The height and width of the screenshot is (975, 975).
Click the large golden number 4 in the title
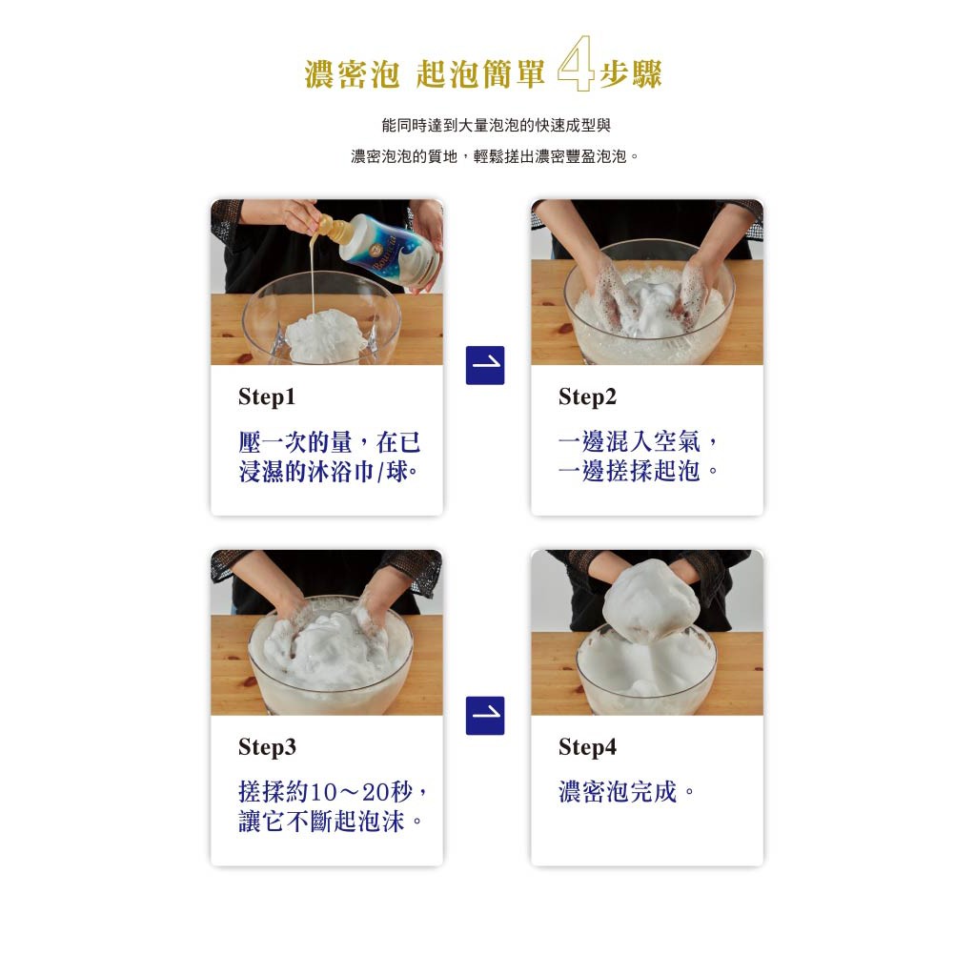[x=575, y=63]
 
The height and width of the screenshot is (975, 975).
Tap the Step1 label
[x=267, y=397]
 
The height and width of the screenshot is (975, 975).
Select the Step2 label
[x=588, y=397]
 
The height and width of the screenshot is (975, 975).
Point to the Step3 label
[x=268, y=747]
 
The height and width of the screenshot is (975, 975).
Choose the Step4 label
[x=588, y=747]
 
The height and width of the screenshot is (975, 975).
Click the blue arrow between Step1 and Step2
[x=485, y=365]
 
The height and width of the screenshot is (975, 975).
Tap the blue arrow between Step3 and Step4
[x=485, y=715]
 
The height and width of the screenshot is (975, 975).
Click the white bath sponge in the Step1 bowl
[x=322, y=335]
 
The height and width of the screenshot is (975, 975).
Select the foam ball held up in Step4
[x=651, y=600]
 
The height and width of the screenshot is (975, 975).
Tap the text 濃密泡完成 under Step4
[x=618, y=792]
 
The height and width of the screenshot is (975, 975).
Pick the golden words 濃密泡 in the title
[x=352, y=74]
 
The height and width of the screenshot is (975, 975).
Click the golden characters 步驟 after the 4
[x=631, y=74]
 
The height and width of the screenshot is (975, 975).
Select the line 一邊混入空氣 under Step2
[x=629, y=441]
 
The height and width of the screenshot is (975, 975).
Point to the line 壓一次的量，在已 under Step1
[x=330, y=442]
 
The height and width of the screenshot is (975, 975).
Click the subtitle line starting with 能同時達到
[x=497, y=126]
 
